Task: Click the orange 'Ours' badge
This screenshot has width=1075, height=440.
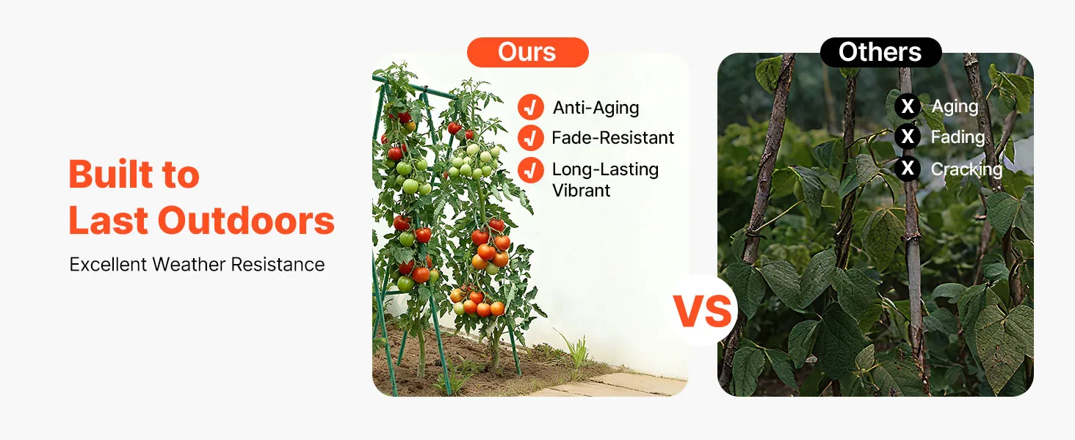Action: (x=527, y=52)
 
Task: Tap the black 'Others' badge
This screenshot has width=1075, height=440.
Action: (x=880, y=52)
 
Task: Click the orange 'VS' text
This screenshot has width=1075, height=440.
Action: (x=702, y=311)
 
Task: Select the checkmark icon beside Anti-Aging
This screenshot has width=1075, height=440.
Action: (x=531, y=107)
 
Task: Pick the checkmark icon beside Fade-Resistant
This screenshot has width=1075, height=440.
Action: (x=531, y=138)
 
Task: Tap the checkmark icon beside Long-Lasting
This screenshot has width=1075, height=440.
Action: (x=531, y=170)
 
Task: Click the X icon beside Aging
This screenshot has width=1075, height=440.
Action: (x=908, y=106)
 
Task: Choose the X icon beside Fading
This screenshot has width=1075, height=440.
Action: (x=908, y=136)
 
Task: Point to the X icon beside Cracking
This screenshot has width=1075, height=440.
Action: (x=908, y=168)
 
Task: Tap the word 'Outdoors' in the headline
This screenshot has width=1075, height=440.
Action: (x=246, y=221)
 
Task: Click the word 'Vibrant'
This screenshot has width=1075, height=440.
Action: (x=581, y=191)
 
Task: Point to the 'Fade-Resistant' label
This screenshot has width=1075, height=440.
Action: (x=613, y=138)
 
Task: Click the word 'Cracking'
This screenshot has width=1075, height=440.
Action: (x=966, y=169)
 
